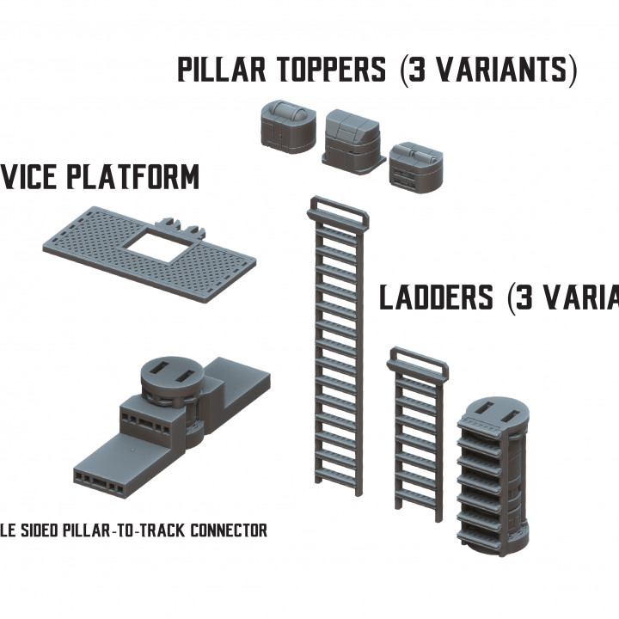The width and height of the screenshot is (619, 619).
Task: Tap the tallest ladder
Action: (x=338, y=344)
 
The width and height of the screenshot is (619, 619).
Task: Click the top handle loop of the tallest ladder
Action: (x=338, y=207)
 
